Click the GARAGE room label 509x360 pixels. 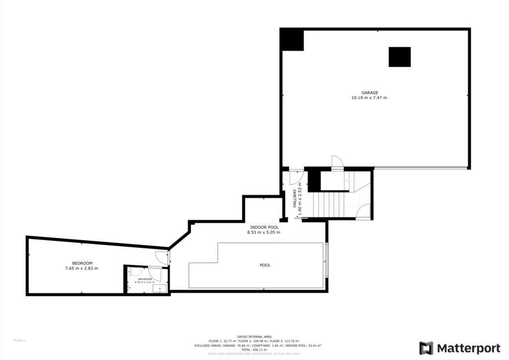click(369, 92)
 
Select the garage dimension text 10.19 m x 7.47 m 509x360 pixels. click(369, 98)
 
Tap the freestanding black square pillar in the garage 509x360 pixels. click(400, 57)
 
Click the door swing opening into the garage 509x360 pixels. click(337, 163)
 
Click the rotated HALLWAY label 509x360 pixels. click(295, 198)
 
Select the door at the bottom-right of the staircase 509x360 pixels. click(363, 211)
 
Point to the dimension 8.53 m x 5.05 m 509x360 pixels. click(263, 232)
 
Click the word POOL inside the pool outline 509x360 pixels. click(265, 265)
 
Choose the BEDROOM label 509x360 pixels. click(82, 263)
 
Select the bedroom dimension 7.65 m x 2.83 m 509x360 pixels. click(82, 269)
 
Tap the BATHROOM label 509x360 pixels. click(145, 279)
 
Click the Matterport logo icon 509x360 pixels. click(426, 348)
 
